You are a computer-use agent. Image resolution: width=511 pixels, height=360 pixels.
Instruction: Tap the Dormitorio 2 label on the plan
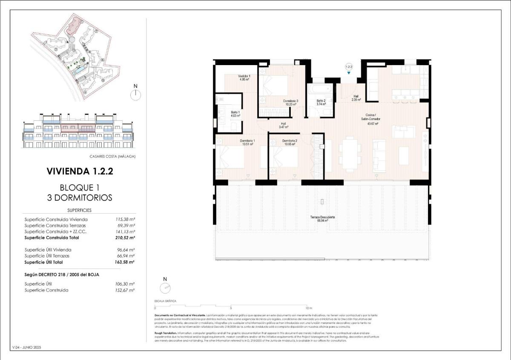coord(289,142)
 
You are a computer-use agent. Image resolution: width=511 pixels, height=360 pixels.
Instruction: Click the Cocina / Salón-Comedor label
coord(370,119)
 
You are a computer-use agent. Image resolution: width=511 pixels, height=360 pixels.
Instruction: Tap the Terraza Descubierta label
coord(322,219)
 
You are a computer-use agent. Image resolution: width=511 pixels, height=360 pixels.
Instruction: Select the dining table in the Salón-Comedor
coord(350,154)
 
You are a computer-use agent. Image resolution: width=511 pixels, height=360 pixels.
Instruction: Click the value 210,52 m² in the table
coord(125,238)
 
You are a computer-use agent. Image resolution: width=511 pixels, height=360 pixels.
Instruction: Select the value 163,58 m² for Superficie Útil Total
coord(125,262)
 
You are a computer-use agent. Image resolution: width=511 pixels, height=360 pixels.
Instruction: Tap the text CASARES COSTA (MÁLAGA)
coord(112,156)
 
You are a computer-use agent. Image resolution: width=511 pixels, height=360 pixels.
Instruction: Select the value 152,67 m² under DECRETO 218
coord(126,290)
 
